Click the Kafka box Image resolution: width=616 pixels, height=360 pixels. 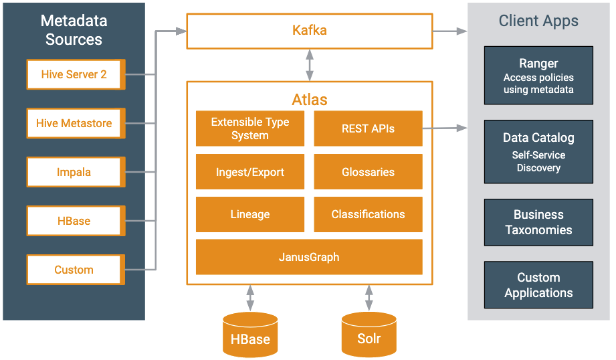click(310, 31)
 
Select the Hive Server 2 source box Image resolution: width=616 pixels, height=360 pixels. click(76, 74)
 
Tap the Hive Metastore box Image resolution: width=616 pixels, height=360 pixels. click(76, 123)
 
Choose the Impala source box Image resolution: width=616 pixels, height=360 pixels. click(76, 172)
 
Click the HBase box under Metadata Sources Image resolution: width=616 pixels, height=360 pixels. click(76, 221)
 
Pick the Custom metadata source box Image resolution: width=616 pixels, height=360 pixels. click(76, 270)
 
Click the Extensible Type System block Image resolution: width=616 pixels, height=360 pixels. click(250, 128)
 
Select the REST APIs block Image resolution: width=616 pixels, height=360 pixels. click(368, 128)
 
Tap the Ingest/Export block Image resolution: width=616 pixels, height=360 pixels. click(250, 172)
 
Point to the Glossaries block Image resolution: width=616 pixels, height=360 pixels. click(368, 172)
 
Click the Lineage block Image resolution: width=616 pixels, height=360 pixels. click(250, 214)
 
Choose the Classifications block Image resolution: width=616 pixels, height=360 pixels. click(368, 214)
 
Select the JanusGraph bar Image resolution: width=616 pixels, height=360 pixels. click(309, 257)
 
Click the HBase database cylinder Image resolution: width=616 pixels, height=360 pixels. click(250, 335)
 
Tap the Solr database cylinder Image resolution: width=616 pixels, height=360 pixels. click(369, 335)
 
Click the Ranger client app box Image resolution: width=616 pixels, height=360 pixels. click(538, 76)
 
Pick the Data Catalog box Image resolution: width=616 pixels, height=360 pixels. click(538, 152)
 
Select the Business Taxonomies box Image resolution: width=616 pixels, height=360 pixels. click(538, 222)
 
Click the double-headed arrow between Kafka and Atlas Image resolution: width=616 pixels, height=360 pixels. click(310, 65)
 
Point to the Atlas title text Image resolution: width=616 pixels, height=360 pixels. click(310, 100)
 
